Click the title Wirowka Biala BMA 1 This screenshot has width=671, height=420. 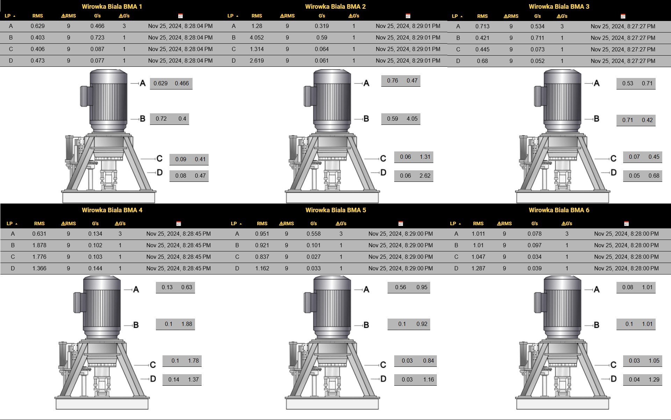tap(112, 6)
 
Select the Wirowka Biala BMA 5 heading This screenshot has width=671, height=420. tap(335, 210)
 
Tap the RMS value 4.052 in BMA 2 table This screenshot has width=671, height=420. tap(257, 37)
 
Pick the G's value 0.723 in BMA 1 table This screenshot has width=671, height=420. tap(97, 37)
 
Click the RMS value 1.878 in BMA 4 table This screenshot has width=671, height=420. tap(39, 245)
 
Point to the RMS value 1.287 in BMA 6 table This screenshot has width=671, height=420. tap(478, 268)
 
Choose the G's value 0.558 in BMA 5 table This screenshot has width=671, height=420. tap(313, 234)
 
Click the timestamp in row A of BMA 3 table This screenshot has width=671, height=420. tap(623, 26)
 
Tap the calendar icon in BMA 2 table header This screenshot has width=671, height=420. tap(408, 16)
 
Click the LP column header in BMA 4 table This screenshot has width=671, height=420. tap(12, 223)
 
